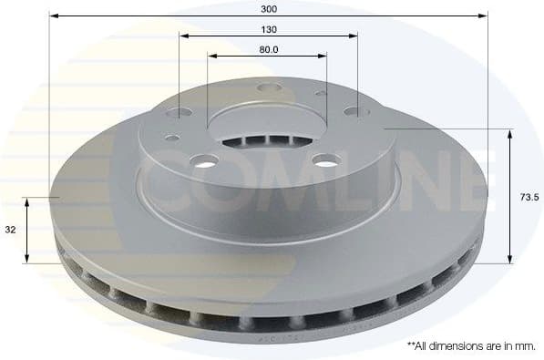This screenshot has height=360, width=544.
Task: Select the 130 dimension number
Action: click(268, 28)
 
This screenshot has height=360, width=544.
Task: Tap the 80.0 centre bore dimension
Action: click(268, 49)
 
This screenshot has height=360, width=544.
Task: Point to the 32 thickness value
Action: click(10, 230)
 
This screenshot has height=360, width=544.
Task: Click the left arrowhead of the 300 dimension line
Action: click(54, 16)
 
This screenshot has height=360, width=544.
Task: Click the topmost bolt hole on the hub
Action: click(268, 87)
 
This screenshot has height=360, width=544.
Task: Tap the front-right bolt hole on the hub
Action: click(323, 160)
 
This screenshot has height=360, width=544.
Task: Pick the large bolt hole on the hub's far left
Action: click(181, 112)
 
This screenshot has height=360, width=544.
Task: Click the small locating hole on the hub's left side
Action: click(172, 139)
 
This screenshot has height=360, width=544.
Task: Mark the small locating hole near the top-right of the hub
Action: click(322, 94)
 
